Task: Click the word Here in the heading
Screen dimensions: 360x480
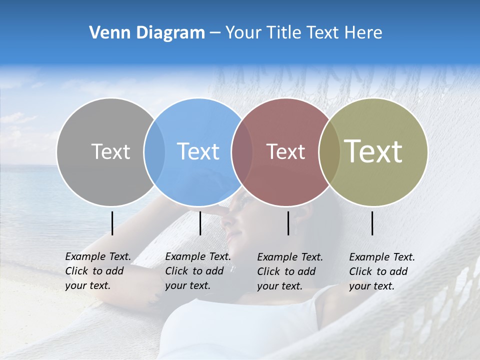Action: coord(364,33)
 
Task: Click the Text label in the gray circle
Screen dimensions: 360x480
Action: coord(110,151)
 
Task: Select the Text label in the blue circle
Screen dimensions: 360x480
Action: coord(198,151)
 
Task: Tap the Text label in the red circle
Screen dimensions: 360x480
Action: coord(285,151)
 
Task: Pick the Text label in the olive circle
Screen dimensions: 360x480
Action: coord(373,151)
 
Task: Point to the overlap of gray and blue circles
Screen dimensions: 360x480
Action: coord(154,151)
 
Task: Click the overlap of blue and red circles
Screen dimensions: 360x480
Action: coord(242,151)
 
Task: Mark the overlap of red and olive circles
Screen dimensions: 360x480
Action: coord(329,151)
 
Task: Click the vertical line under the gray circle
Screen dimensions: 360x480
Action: coord(112,223)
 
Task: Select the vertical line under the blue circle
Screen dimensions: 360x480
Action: coord(200,223)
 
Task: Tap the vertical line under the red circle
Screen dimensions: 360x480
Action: coord(288,223)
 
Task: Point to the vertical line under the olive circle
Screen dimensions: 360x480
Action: coord(372,223)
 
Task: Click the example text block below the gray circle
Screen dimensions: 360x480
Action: coord(97,271)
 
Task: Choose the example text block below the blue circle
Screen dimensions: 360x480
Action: coord(197,271)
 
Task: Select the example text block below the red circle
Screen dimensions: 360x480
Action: coord(289,271)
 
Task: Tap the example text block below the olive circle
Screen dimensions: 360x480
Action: coord(381,271)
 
